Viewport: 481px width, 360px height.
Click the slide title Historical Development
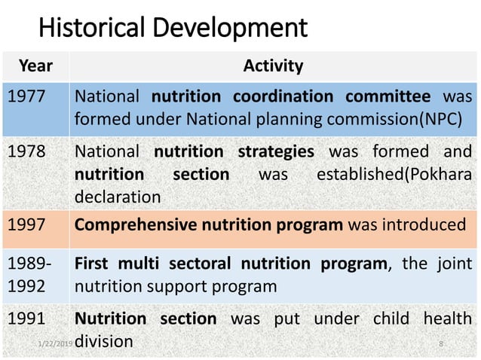(173, 28)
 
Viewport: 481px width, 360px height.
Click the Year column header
(35, 66)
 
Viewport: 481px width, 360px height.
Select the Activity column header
(273, 66)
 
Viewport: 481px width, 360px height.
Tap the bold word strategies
(276, 151)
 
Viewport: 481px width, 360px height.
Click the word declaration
(118, 197)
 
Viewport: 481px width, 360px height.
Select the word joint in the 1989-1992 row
(452, 264)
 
